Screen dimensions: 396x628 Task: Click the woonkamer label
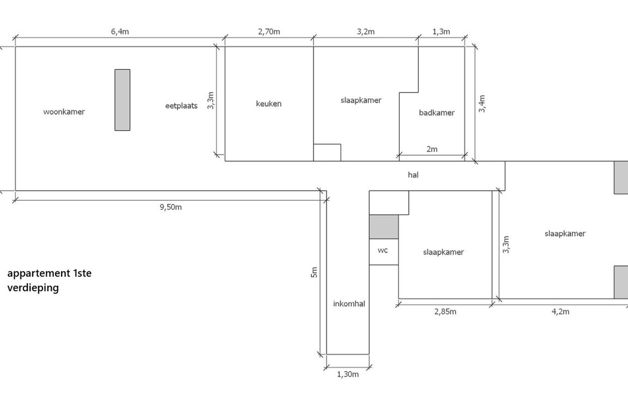pos(64,112)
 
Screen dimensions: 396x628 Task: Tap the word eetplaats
pos(181,106)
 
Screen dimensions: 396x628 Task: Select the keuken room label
pos(269,103)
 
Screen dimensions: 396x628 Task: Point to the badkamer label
pos(437,113)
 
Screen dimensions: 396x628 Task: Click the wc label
pos(383,251)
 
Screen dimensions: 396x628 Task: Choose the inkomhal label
pos(349,304)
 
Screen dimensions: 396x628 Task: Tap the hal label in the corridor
pos(413,175)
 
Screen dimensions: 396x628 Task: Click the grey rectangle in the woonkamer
pos(122,100)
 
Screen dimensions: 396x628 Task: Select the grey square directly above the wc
pos(384,227)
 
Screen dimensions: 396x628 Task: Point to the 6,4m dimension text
pos(120,32)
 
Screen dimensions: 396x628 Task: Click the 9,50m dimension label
pos(170,207)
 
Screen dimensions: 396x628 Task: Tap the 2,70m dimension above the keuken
pos(269,32)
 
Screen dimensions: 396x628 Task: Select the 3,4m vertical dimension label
pos(482,103)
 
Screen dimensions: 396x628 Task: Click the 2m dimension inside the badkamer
pos(432,149)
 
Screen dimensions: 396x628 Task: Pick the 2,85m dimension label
pos(445,312)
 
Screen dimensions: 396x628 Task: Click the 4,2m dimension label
pos(560,312)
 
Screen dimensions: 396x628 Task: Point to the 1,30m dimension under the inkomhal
pos(348,374)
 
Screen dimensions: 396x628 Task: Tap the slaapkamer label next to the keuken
pos(361,100)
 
